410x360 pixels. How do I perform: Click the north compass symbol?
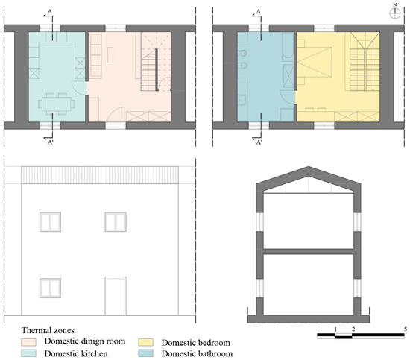point(395,13)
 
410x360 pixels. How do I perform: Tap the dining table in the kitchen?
point(56,104)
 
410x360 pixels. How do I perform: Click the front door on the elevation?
point(116,296)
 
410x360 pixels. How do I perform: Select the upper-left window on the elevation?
point(50,221)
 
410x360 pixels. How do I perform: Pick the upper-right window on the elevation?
point(116,221)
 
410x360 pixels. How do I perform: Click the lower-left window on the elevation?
point(50,288)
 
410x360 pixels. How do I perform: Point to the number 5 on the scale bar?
point(406,329)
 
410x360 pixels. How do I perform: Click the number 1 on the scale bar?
point(335,329)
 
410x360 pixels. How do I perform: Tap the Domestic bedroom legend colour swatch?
point(145,342)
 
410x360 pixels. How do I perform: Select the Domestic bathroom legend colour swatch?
point(145,353)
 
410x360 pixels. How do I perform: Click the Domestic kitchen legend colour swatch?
point(28,353)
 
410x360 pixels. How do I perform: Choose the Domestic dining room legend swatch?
point(28,342)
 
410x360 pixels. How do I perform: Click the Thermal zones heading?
point(48,330)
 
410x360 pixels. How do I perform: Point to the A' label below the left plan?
point(50,142)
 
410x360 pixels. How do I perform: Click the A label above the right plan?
point(259,11)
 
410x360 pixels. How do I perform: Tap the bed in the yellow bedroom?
point(315,62)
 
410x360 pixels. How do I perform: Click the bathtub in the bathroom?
point(288,46)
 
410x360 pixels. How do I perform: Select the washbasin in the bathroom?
point(242,100)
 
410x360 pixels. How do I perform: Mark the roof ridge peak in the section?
point(309,167)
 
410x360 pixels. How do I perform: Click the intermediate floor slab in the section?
point(309,251)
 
